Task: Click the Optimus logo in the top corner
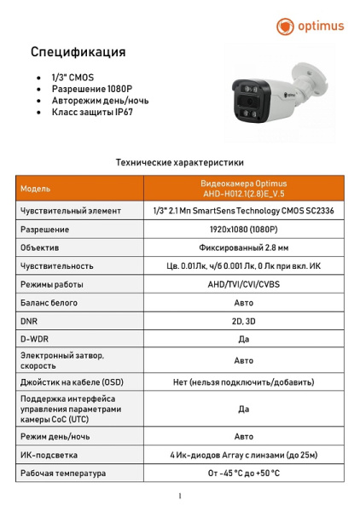310,26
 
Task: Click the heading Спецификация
78,52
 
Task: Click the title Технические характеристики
179,161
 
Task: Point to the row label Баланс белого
49,302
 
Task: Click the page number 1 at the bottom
180,496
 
